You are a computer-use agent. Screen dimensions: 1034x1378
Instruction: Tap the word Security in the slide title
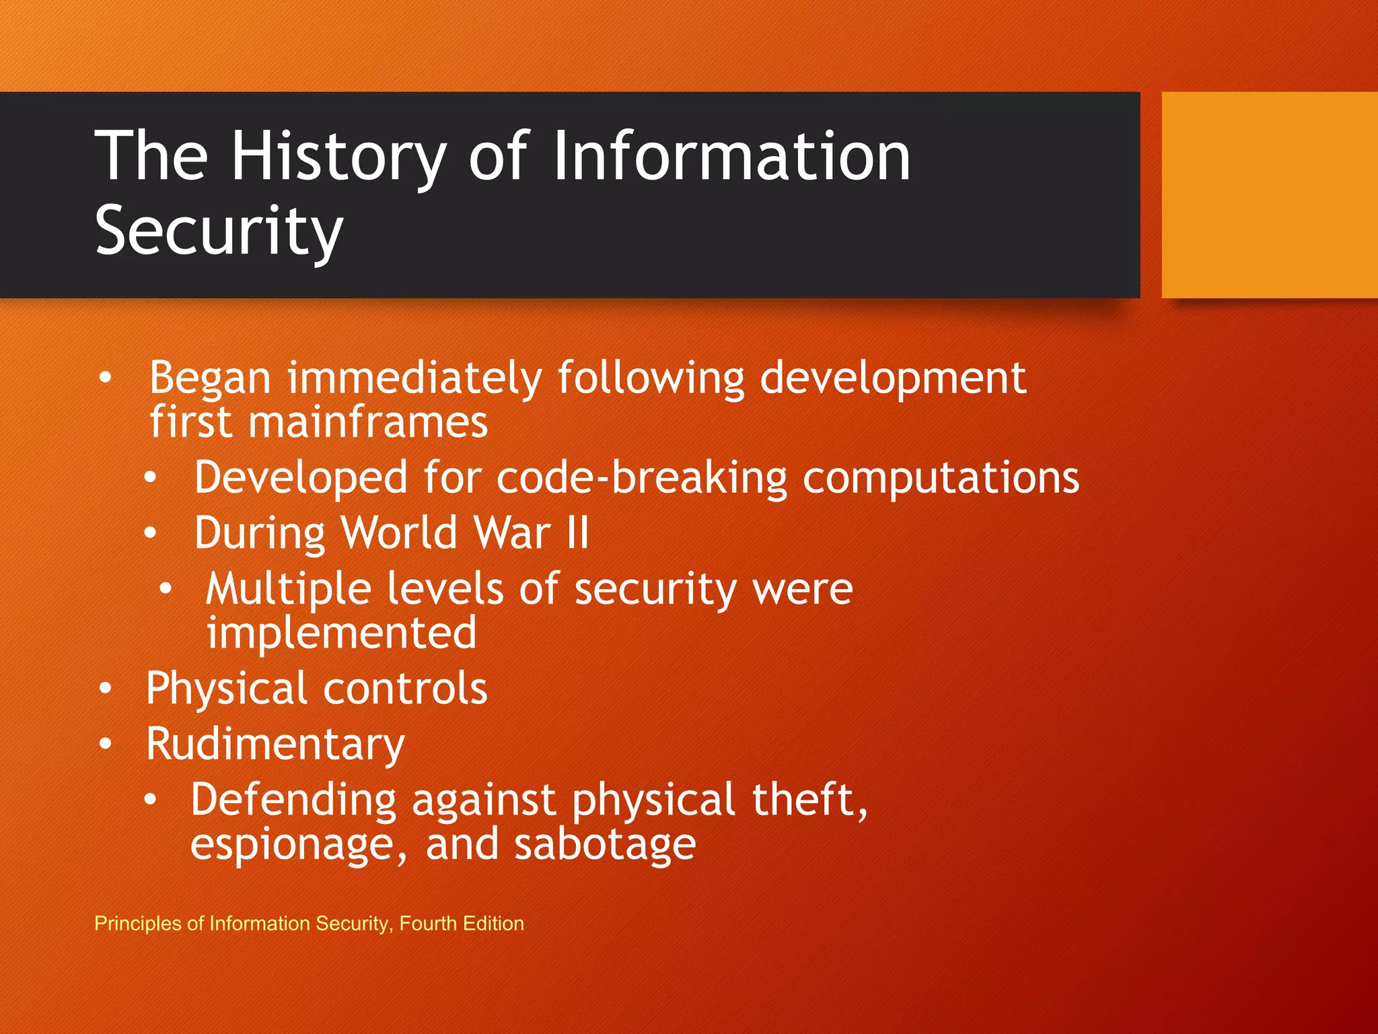click(x=219, y=231)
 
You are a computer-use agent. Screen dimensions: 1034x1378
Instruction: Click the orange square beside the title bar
click(x=1269, y=195)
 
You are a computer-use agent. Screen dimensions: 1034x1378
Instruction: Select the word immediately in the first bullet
click(x=414, y=378)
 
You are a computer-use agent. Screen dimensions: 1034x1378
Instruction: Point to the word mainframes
click(x=367, y=423)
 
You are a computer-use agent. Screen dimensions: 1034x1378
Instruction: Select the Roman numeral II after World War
click(x=577, y=533)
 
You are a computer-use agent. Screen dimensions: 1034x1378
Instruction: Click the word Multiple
click(x=288, y=590)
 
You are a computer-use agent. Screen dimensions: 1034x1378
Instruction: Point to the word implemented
click(x=342, y=633)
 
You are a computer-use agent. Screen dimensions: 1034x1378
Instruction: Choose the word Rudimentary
click(x=275, y=745)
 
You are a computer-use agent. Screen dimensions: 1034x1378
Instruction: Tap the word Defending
click(x=293, y=800)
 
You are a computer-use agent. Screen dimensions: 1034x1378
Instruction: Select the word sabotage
click(x=604, y=845)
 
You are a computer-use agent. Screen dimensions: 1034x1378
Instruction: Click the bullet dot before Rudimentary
click(x=106, y=745)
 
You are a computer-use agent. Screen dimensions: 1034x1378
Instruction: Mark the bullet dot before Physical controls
click(x=106, y=689)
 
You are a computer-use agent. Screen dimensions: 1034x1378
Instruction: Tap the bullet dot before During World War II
click(x=150, y=534)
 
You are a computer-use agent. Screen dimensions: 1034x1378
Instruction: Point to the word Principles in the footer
click(x=138, y=923)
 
